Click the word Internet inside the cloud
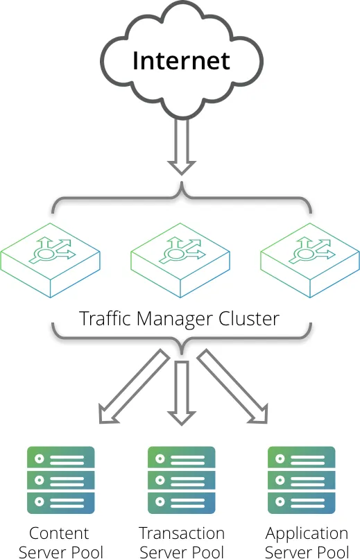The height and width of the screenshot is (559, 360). pyautogui.click(x=181, y=60)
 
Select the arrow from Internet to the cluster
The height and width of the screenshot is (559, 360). pyautogui.click(x=182, y=147)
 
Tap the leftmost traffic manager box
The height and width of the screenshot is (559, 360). pyautogui.click(x=50, y=260)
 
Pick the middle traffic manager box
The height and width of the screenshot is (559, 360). pyautogui.click(x=180, y=260)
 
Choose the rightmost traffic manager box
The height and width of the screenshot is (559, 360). pyautogui.click(x=310, y=260)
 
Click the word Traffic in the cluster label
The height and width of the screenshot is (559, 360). pyautogui.click(x=105, y=318)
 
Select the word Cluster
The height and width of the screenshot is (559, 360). pyautogui.click(x=249, y=318)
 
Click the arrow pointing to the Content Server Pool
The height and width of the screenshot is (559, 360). pyautogui.click(x=134, y=386)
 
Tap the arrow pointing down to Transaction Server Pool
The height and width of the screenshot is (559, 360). pyautogui.click(x=182, y=393)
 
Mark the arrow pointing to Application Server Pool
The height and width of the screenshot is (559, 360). pyautogui.click(x=232, y=386)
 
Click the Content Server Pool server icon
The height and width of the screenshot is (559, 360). pyautogui.click(x=61, y=480)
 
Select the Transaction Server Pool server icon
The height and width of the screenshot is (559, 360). pyautogui.click(x=182, y=480)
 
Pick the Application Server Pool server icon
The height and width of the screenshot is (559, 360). pyautogui.click(x=302, y=480)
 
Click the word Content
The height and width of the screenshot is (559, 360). pyautogui.click(x=59, y=533)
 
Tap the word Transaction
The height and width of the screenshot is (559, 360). pyautogui.click(x=182, y=533)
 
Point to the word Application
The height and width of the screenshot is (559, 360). pyautogui.click(x=307, y=535)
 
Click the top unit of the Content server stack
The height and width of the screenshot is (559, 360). pyautogui.click(x=61, y=458)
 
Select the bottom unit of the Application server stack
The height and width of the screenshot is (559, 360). pyautogui.click(x=302, y=502)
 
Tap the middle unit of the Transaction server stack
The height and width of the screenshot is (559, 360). pyautogui.click(x=182, y=480)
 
